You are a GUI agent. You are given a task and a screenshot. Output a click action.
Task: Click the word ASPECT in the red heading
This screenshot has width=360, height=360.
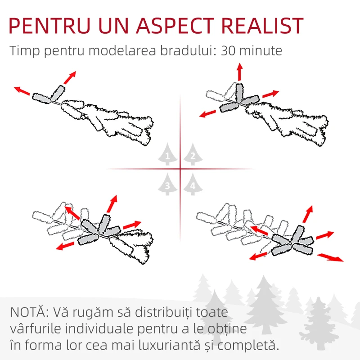point(175,26)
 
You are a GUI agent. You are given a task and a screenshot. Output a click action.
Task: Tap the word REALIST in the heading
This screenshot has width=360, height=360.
point(262,26)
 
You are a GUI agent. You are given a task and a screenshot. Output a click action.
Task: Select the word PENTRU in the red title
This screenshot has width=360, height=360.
point(49,26)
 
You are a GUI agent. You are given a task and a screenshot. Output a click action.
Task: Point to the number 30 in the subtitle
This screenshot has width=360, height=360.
point(228,51)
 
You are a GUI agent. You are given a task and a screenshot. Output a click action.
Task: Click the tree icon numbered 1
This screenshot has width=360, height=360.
point(167,154)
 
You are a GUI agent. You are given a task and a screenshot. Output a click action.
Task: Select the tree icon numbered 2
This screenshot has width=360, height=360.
point(193,154)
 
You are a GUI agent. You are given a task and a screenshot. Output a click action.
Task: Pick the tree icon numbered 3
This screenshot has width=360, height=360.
point(167,184)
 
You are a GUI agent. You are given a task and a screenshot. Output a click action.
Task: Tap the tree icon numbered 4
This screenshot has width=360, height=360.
point(193,184)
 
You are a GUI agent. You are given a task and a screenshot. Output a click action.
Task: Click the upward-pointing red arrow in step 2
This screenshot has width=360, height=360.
point(240,72)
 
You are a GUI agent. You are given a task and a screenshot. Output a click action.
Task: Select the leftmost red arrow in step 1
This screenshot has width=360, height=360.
point(22,91)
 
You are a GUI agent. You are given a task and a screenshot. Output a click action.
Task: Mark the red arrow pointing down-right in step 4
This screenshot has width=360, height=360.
point(330,257)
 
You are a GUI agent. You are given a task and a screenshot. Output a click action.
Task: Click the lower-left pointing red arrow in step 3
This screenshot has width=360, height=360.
point(65,246)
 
